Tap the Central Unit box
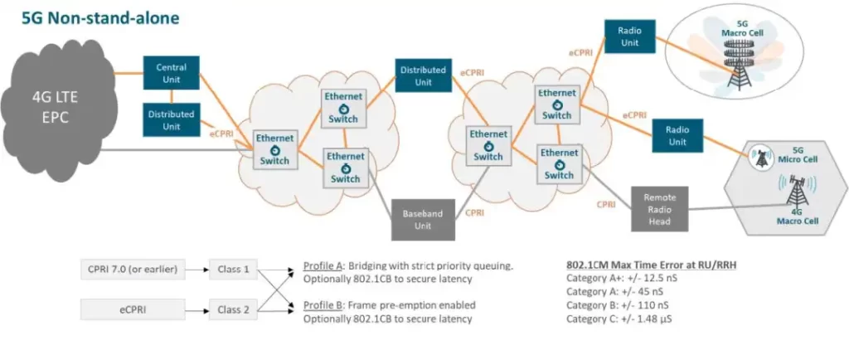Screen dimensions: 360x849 click(x=171, y=74)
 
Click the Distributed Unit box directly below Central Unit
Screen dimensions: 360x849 click(x=171, y=120)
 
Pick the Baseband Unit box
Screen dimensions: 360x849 click(x=423, y=220)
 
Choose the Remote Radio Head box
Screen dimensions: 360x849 click(x=660, y=204)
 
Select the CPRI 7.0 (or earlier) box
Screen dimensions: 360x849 click(x=134, y=269)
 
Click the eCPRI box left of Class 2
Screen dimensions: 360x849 click(x=134, y=310)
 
